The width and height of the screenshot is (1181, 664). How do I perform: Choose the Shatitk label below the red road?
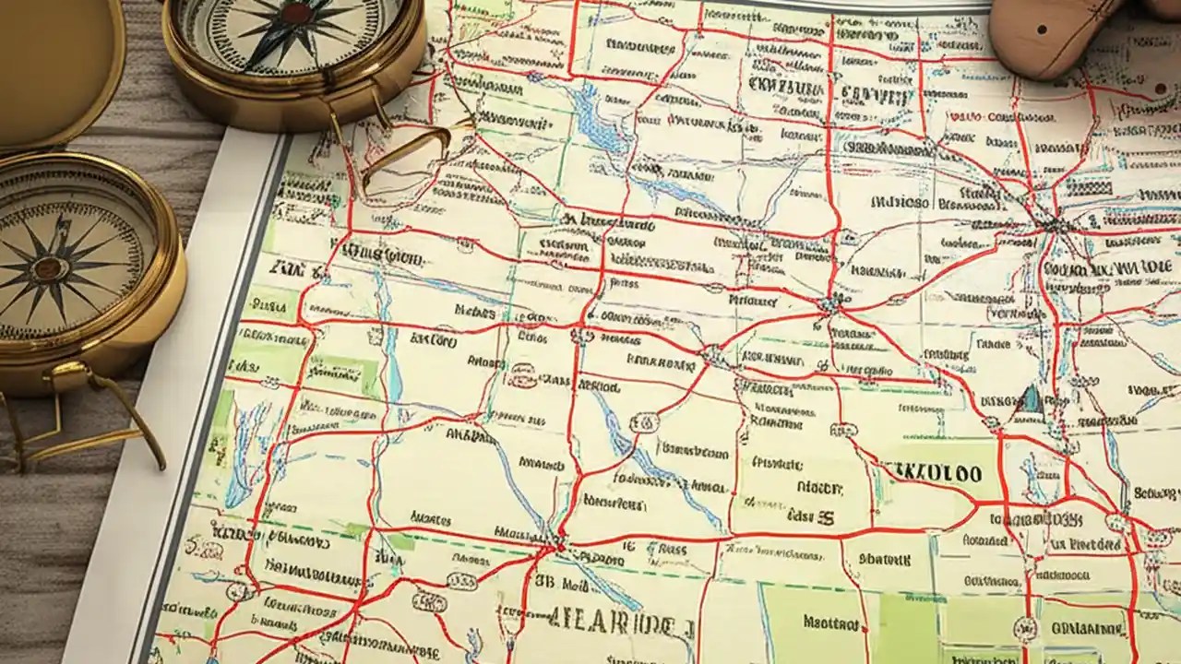884,559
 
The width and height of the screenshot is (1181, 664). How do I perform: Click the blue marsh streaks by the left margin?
245,443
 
